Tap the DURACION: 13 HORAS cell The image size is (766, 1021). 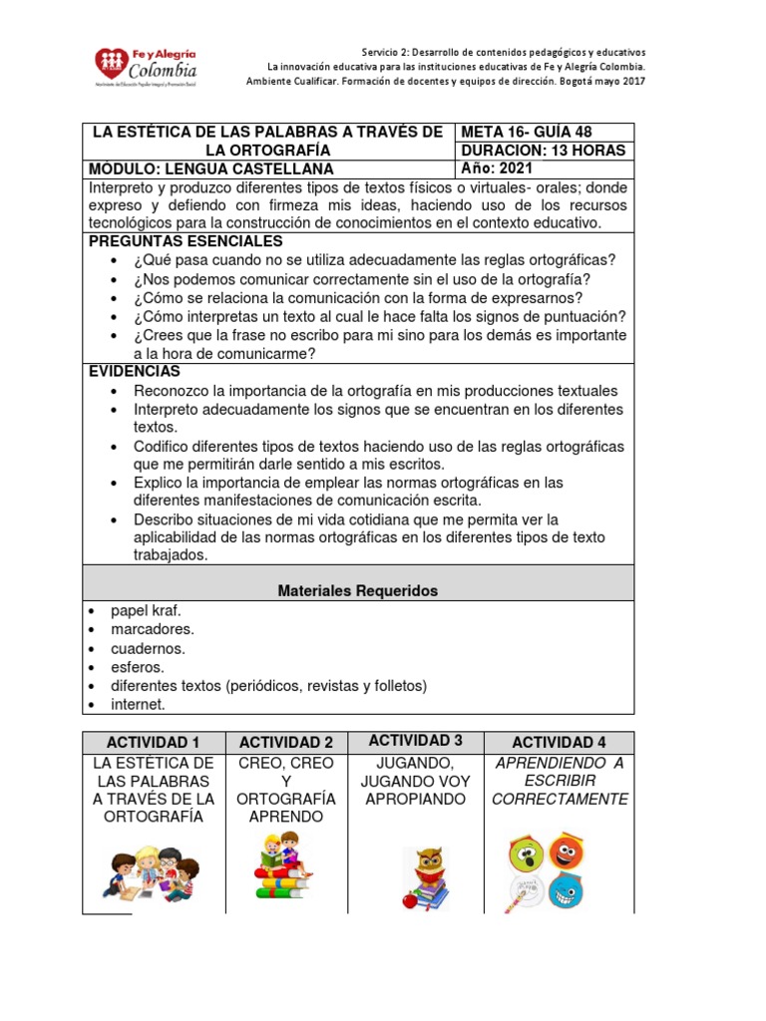pyautogui.click(x=544, y=151)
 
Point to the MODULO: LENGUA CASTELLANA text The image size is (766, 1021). pyautogui.click(x=211, y=169)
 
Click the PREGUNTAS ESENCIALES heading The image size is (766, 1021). pyautogui.click(x=186, y=241)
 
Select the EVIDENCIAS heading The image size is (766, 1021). pyautogui.click(x=134, y=371)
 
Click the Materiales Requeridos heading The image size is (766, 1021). pyautogui.click(x=357, y=591)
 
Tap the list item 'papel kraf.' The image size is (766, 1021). pyautogui.click(x=146, y=610)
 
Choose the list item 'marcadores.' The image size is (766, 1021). pyautogui.click(x=153, y=629)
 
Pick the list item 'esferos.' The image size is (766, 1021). pyautogui.click(x=138, y=667)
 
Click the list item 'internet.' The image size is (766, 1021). pyautogui.click(x=138, y=705)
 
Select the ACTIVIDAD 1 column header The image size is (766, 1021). pyautogui.click(x=154, y=742)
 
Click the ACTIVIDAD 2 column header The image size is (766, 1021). pyautogui.click(x=286, y=742)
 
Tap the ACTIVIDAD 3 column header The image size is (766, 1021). pyautogui.click(x=415, y=740)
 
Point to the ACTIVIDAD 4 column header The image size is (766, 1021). pyautogui.click(x=559, y=742)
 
